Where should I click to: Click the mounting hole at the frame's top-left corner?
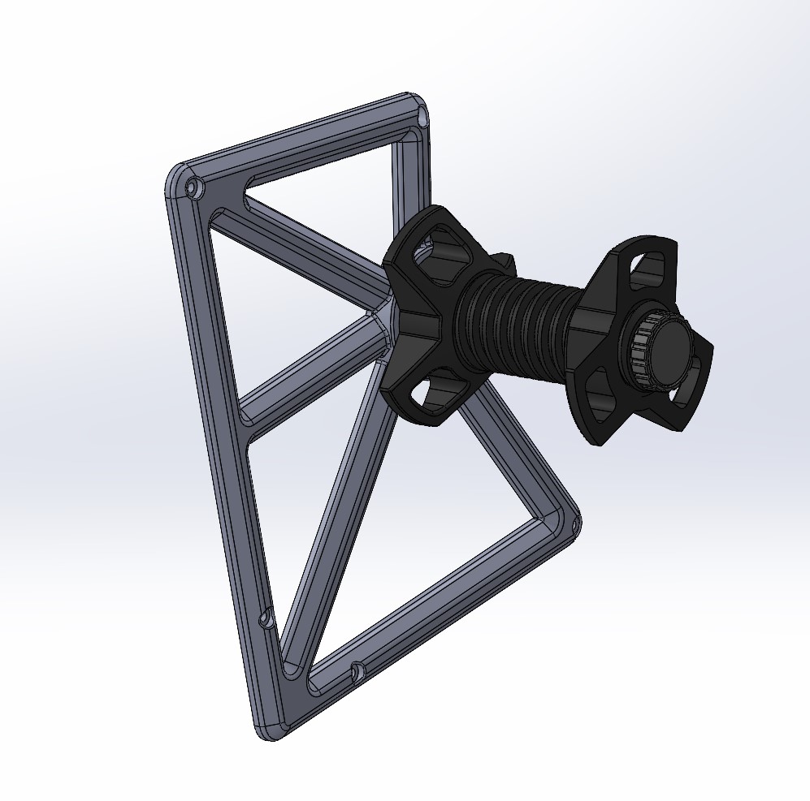click(193, 189)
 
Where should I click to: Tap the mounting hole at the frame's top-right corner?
click(422, 118)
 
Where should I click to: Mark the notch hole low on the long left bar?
click(265, 621)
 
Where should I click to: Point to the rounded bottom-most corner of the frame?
click(272, 730)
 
